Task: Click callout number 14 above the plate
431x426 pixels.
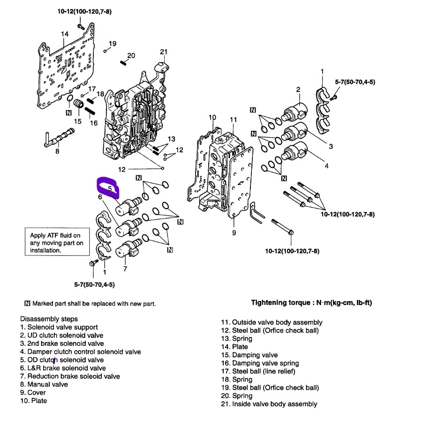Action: coord(65,34)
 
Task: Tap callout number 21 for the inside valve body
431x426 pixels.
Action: coord(163,52)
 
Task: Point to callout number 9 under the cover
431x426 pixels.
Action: coord(234,233)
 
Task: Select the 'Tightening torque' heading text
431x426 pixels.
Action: coord(311,303)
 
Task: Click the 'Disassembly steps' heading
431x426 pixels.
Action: coord(49,319)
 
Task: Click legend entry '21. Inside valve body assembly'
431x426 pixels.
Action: coord(269,404)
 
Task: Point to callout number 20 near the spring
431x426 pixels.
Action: coord(131,56)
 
